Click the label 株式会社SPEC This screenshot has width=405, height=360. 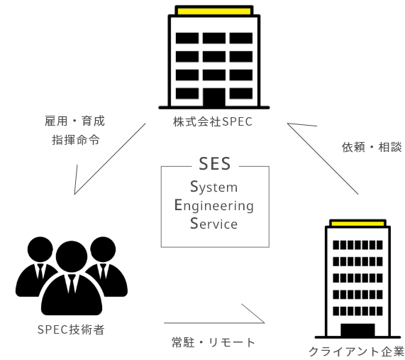point(213,122)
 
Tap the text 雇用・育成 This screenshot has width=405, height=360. point(74,121)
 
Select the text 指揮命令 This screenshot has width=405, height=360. point(76,140)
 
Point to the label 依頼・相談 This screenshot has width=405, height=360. point(372,147)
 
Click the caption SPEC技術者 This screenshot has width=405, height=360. point(71,329)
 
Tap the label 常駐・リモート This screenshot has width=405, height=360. point(213,342)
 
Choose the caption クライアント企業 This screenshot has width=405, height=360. point(357,351)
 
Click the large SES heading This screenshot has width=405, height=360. point(215,164)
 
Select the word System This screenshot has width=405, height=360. point(214,187)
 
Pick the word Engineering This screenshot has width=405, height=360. point(214,206)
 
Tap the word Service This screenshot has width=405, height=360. point(214,224)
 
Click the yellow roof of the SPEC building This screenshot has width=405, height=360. point(214,11)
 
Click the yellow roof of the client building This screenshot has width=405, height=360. point(357,224)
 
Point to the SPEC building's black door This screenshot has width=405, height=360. point(214,97)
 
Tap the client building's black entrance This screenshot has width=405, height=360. point(357,330)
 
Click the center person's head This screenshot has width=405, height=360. point(72,256)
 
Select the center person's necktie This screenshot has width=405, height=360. point(72,283)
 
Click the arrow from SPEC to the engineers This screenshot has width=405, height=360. point(110,159)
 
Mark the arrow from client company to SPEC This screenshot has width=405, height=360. point(323,159)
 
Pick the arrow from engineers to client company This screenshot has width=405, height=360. point(214,323)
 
